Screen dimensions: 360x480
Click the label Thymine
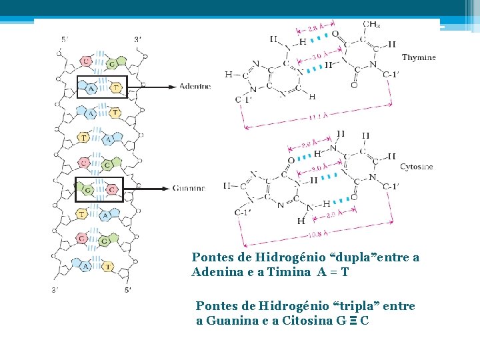(418, 58)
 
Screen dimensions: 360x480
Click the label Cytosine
(417, 166)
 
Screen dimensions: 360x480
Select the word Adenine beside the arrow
(195, 86)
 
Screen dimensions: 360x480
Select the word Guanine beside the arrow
(189, 189)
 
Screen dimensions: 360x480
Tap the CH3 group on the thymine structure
(372, 25)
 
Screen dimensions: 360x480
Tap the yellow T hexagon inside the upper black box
(116, 87)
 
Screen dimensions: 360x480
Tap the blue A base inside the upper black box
(91, 87)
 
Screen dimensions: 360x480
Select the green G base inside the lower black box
(87, 189)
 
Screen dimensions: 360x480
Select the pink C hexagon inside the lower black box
(111, 190)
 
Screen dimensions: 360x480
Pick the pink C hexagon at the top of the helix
(85, 61)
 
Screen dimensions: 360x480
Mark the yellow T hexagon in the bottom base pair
(108, 266)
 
